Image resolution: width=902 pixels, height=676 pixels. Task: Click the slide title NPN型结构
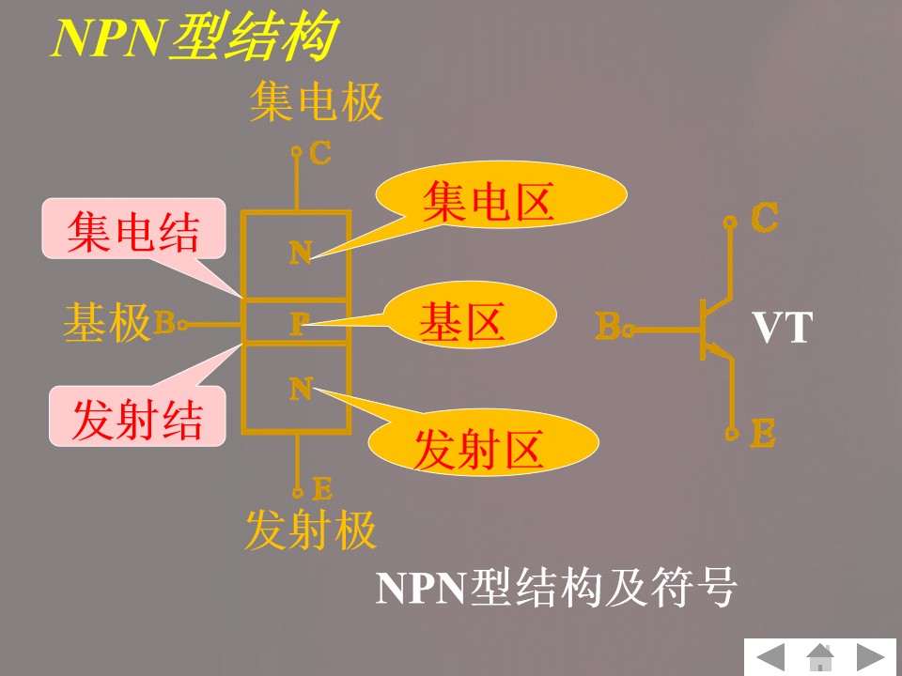pyautogui.click(x=193, y=39)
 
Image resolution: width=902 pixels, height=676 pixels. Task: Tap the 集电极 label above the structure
pyautogui.click(x=317, y=102)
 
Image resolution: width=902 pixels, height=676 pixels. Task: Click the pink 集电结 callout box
pyautogui.click(x=133, y=231)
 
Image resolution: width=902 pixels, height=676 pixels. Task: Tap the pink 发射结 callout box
pyautogui.click(x=137, y=419)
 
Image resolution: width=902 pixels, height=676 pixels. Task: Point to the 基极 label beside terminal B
pyautogui.click(x=107, y=324)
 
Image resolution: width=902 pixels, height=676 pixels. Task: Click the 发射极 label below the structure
pyautogui.click(x=310, y=530)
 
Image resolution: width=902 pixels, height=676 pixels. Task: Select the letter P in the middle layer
pyautogui.click(x=298, y=325)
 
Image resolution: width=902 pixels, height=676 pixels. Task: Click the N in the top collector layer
pyautogui.click(x=300, y=253)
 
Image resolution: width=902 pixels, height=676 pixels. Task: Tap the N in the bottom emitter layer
pyautogui.click(x=300, y=388)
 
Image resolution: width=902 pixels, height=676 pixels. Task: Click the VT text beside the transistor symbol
pyautogui.click(x=781, y=330)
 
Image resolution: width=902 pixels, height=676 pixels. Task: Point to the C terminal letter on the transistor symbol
pyautogui.click(x=765, y=218)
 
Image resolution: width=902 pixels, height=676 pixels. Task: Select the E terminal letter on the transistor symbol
pyautogui.click(x=763, y=434)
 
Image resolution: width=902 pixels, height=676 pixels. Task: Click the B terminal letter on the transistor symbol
pyautogui.click(x=608, y=328)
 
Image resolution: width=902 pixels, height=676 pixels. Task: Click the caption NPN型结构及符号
pyautogui.click(x=557, y=590)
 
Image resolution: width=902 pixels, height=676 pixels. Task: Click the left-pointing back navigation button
pyautogui.click(x=771, y=656)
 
